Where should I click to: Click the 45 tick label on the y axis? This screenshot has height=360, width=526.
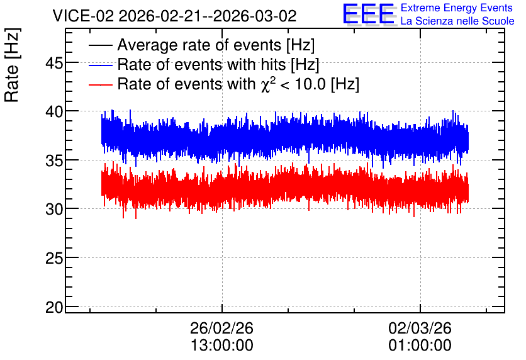(54, 63)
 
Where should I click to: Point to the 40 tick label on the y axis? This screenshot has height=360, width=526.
(54, 111)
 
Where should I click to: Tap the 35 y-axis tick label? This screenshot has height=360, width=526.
(54, 160)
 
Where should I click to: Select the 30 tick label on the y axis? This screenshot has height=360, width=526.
(54, 209)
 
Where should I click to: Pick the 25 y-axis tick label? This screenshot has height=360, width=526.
(54, 258)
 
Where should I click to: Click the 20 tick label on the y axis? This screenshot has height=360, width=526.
(54, 307)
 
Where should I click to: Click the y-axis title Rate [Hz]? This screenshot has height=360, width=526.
(13, 65)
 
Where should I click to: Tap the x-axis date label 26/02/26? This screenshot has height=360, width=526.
(221, 328)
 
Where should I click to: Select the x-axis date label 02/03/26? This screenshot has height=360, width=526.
(420, 328)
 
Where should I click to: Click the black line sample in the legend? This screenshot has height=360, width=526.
(100, 45)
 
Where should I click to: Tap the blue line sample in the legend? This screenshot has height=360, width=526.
(100, 65)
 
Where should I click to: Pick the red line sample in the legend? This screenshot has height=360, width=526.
(100, 84)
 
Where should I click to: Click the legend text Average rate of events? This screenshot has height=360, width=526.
(199, 45)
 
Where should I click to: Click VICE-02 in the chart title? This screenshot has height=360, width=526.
(84, 16)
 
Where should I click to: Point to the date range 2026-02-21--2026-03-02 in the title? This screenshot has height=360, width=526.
(208, 16)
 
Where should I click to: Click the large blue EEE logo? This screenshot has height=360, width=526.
(368, 14)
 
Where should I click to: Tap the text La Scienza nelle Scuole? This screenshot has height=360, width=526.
(457, 21)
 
